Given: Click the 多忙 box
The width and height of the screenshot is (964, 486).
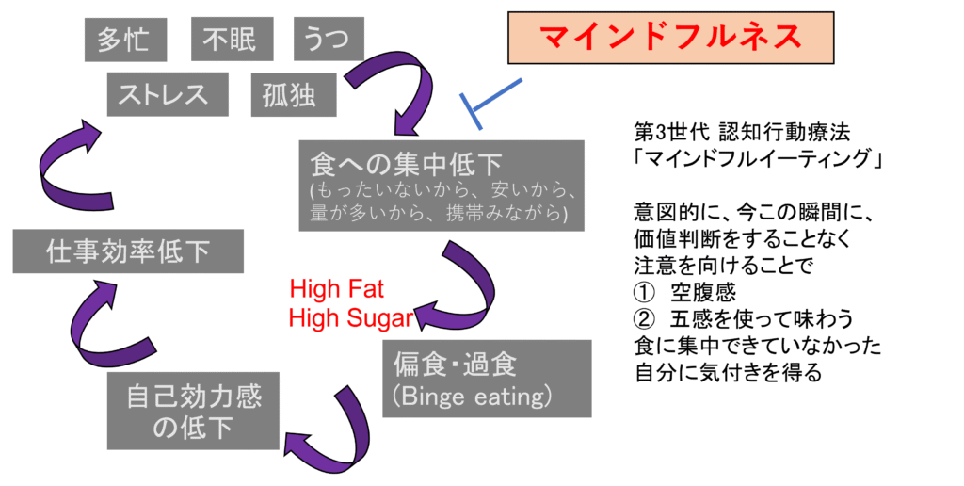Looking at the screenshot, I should click(x=124, y=40).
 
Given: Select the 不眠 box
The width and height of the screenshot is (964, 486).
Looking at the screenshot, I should click(x=231, y=40).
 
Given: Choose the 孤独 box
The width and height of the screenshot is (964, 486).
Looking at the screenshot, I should click(x=290, y=95).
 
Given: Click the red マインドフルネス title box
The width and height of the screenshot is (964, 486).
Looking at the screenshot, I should click(x=670, y=37).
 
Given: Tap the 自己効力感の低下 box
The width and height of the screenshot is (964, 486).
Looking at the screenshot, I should click(x=193, y=412).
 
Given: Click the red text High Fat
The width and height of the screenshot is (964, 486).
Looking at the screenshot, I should click(x=337, y=289).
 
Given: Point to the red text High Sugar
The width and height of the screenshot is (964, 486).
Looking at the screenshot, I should click(x=350, y=317).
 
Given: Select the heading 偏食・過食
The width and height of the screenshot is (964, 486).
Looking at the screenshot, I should click(x=453, y=364).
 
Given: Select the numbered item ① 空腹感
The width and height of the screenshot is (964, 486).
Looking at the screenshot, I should click(x=684, y=294).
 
